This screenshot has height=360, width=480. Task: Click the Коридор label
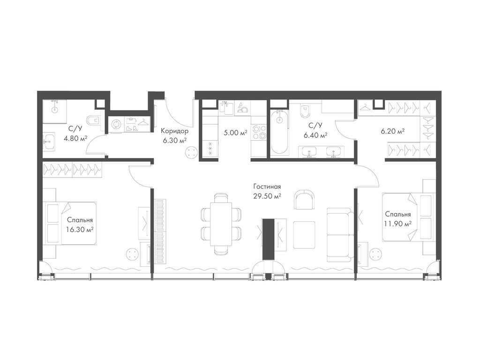coord(175,132)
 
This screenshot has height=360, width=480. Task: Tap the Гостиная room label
coord(267,187)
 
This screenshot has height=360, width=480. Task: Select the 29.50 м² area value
coord(267,196)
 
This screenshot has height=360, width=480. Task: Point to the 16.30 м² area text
coord(80,229)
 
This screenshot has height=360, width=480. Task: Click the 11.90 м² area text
coord(397,224)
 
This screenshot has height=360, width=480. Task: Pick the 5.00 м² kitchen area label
coord(235,134)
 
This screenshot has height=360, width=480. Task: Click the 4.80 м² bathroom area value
coord(75,138)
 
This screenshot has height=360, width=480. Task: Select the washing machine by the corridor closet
coord(117,125)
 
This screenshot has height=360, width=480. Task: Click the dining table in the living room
coord(221,224)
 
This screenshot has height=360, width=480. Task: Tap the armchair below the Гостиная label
coord(304,199)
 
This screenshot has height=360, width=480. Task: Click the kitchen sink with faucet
coord(226,107)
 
